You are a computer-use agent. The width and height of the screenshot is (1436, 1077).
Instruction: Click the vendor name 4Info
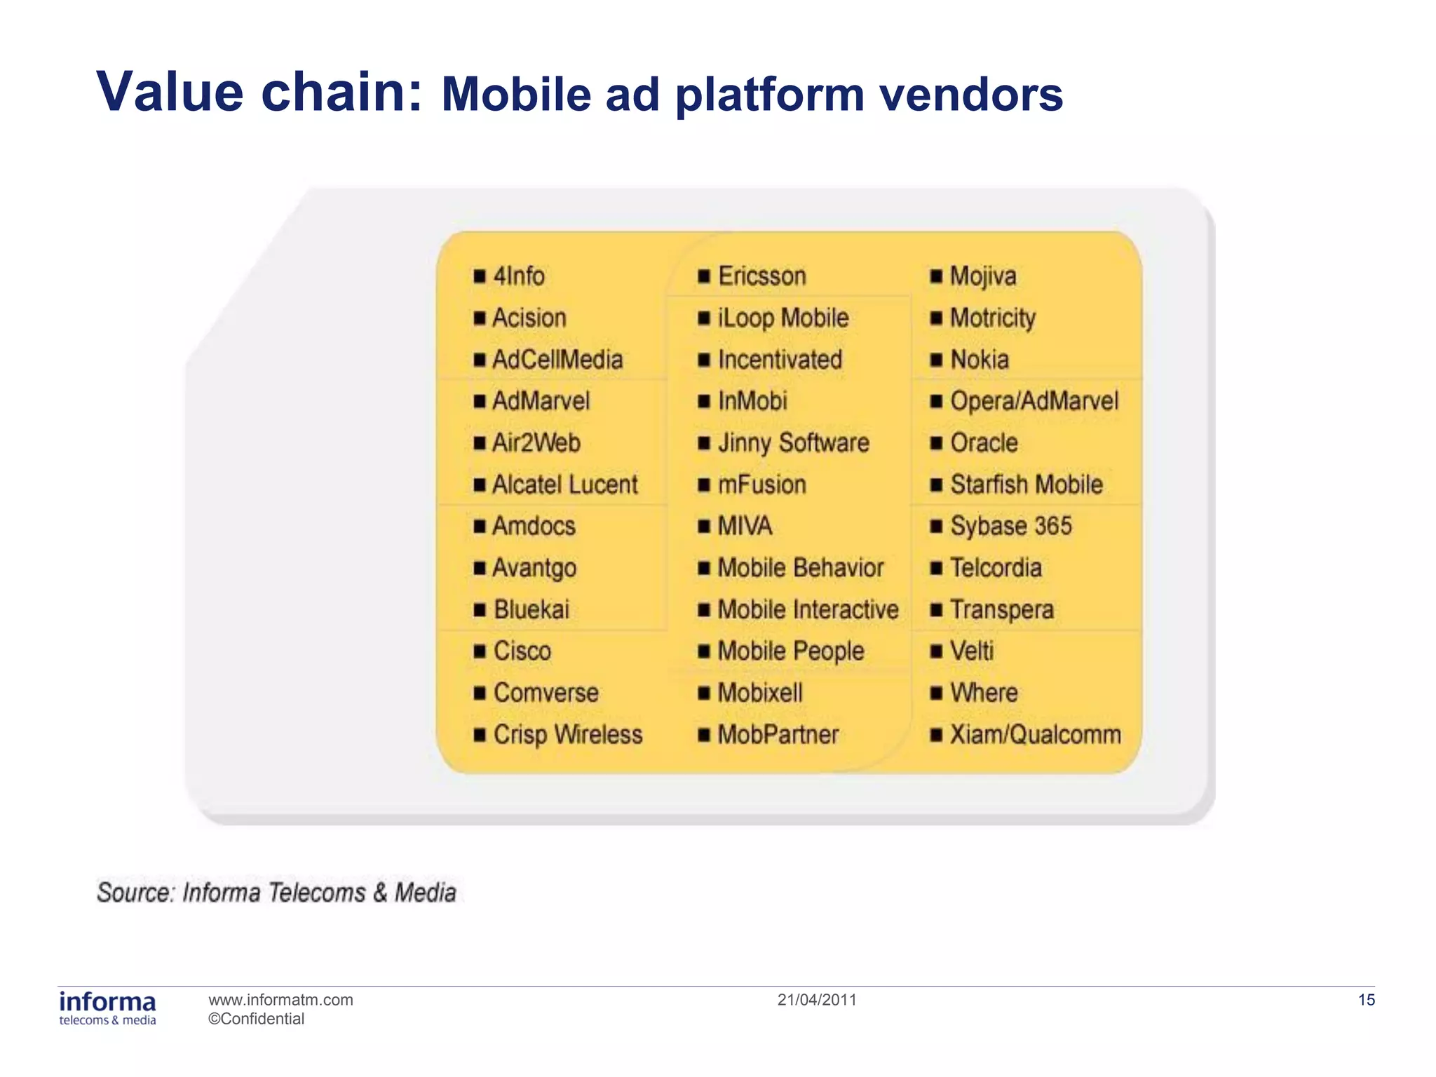pyautogui.click(x=519, y=276)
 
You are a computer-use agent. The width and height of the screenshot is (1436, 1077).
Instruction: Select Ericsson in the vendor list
pyautogui.click(x=761, y=276)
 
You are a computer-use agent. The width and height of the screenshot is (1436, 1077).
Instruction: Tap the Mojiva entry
pyautogui.click(x=982, y=276)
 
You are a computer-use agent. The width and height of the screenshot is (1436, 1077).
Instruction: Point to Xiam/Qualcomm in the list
pyautogui.click(x=1035, y=735)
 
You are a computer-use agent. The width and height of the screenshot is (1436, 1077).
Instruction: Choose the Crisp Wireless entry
pyautogui.click(x=567, y=735)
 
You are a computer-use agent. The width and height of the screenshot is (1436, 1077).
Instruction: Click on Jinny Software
pyautogui.click(x=793, y=443)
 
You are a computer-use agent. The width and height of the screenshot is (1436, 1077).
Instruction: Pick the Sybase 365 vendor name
pyautogui.click(x=1010, y=527)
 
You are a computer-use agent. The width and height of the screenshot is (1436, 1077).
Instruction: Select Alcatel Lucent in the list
pyautogui.click(x=564, y=485)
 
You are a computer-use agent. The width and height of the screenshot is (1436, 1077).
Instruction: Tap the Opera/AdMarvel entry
pyautogui.click(x=1034, y=401)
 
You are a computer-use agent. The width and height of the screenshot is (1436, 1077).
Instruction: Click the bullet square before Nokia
pyautogui.click(x=936, y=360)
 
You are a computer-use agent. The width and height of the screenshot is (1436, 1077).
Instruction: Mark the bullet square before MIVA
pyautogui.click(x=704, y=527)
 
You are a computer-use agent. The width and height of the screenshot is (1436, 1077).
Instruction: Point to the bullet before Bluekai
pyautogui.click(x=480, y=610)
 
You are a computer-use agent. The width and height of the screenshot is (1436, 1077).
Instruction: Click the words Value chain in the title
pyautogui.click(x=259, y=92)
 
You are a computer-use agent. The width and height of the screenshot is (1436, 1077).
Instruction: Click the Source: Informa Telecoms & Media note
pyautogui.click(x=276, y=893)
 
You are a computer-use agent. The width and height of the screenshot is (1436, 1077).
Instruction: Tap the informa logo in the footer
pyautogui.click(x=107, y=1008)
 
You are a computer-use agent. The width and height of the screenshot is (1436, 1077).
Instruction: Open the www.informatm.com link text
pyautogui.click(x=280, y=1000)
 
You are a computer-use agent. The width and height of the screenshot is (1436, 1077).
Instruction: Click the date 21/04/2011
pyautogui.click(x=817, y=1000)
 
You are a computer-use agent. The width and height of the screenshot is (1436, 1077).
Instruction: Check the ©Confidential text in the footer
pyautogui.click(x=256, y=1019)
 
